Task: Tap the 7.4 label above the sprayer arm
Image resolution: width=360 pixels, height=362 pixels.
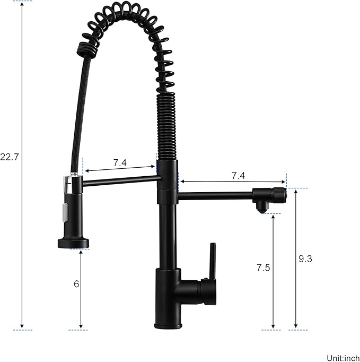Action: [x=120, y=162]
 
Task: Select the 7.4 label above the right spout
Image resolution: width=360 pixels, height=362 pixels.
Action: [x=238, y=175]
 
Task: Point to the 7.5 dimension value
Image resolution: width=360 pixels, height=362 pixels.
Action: [x=263, y=268]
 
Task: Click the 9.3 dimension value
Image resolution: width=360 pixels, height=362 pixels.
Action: [x=305, y=259]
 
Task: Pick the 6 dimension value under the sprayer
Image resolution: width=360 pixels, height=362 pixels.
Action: [x=76, y=283]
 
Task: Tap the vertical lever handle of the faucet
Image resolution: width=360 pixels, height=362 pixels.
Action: [x=212, y=262]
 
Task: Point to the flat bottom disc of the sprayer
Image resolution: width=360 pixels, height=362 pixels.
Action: [x=73, y=243]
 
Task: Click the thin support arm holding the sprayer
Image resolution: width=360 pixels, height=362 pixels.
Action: [x=120, y=181]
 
